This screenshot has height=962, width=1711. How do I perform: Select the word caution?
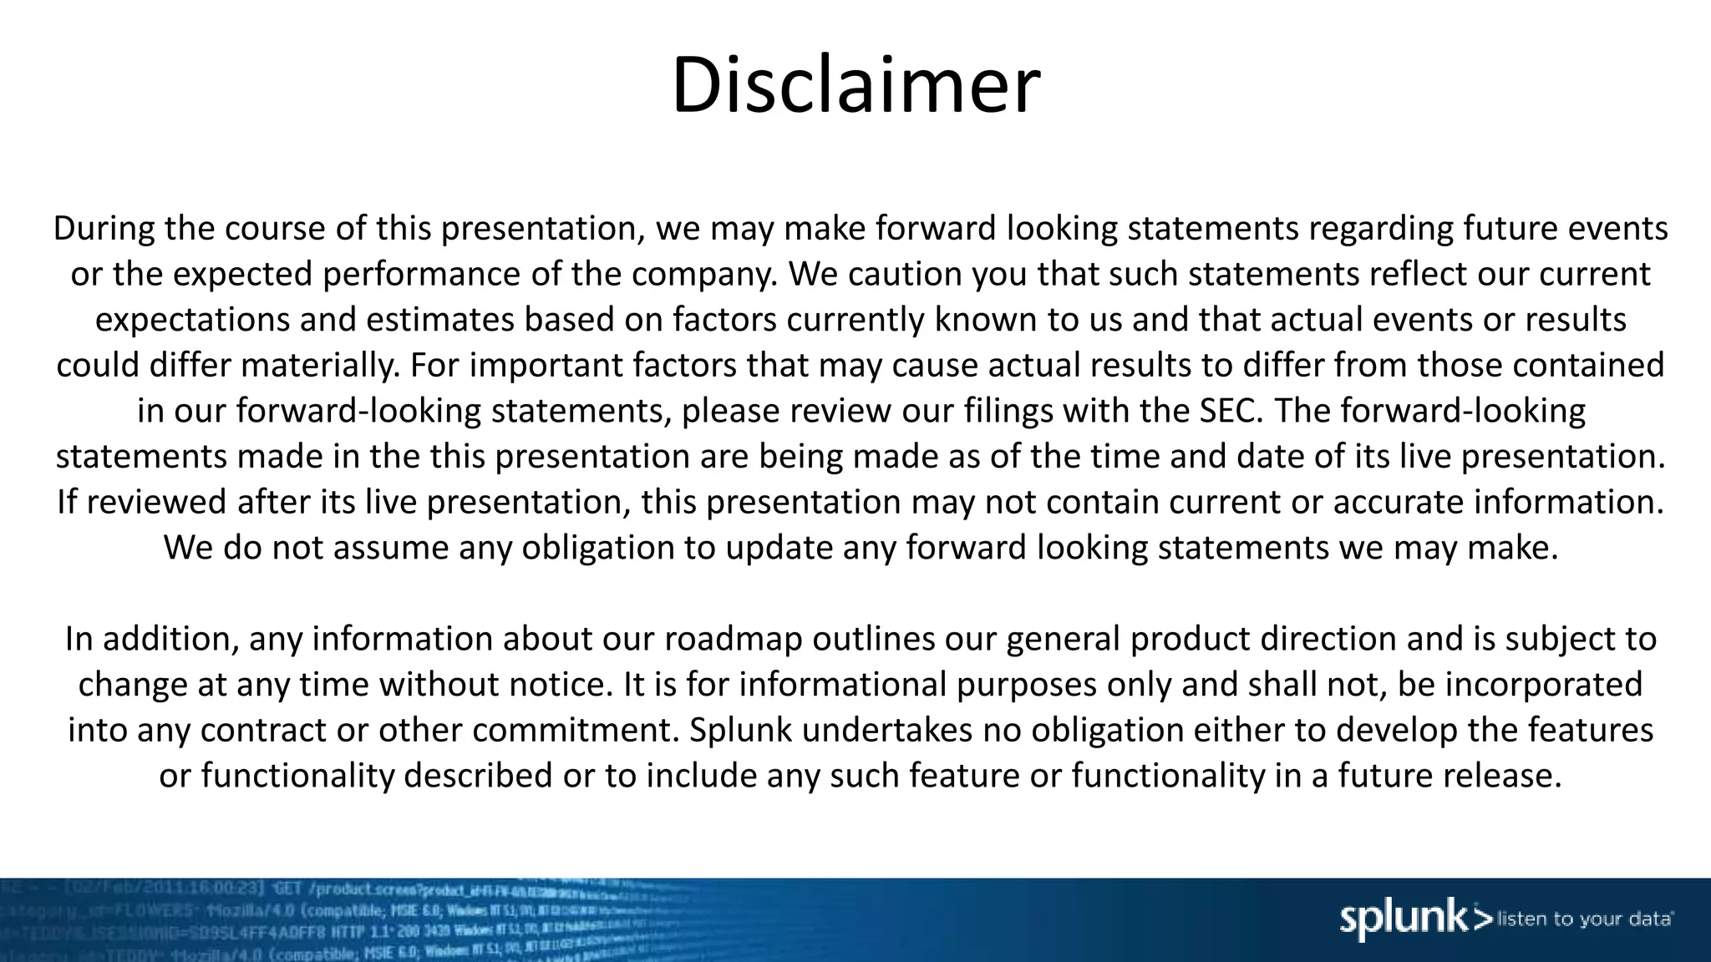pos(905,274)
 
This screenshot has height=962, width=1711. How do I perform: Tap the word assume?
pos(394,548)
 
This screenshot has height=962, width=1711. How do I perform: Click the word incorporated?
pos(1544,685)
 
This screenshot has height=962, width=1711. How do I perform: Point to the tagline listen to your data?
pos(1584,919)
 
